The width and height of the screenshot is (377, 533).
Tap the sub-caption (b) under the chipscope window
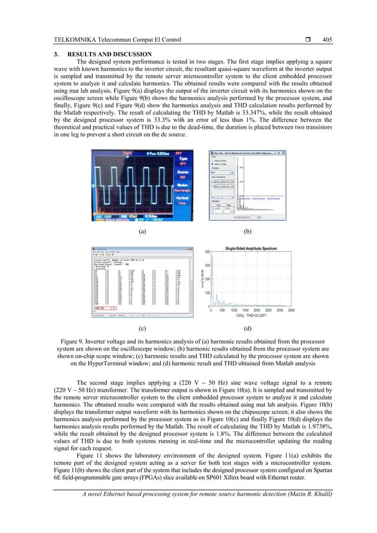coord(248,232)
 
